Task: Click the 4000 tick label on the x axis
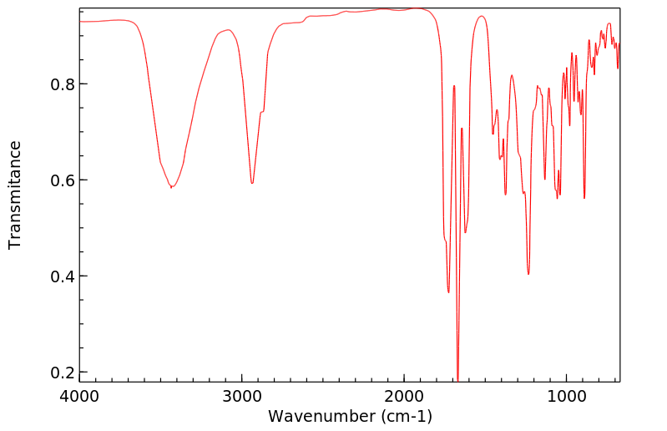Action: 79,396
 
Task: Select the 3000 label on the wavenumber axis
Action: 242,396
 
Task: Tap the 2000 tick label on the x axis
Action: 404,396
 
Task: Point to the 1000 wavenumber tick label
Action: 566,396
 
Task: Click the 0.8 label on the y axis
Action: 63,84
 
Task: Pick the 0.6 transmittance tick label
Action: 63,180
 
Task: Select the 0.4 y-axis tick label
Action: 63,276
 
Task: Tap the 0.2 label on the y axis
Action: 63,373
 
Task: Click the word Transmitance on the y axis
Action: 14,195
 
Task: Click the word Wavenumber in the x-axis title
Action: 321,416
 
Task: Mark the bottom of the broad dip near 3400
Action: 171,187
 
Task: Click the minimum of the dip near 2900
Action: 252,183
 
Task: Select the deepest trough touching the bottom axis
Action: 457,380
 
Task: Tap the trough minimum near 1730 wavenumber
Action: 448,292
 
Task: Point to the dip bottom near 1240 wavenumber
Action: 528,274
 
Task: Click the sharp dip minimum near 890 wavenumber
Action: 584,198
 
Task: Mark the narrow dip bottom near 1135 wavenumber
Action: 545,179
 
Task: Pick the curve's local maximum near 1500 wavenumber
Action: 482,16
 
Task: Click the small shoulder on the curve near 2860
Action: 262,111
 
